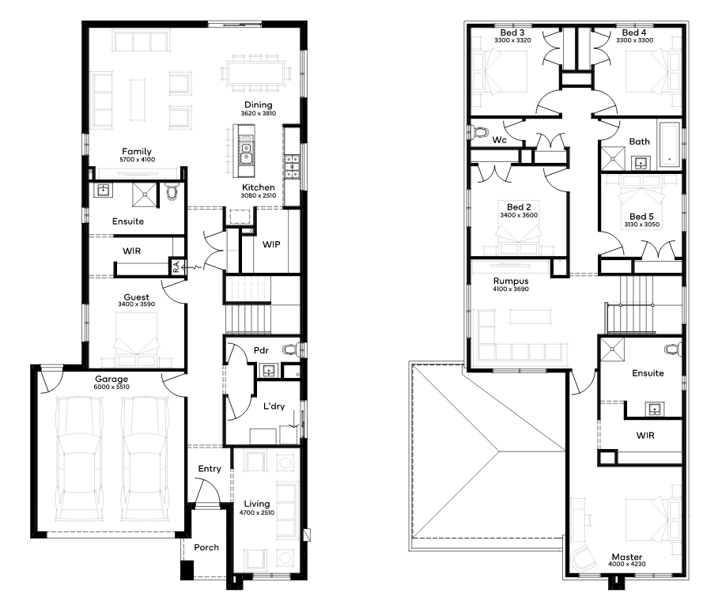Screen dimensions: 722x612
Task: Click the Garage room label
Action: pyautogui.click(x=112, y=379)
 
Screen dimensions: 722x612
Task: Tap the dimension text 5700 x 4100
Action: pyautogui.click(x=138, y=160)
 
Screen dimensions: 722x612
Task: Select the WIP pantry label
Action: pyautogui.click(x=271, y=244)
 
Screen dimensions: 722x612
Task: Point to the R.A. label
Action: pyautogui.click(x=176, y=266)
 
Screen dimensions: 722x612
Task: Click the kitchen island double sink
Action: pyautogui.click(x=247, y=153)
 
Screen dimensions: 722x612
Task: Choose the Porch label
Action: pyautogui.click(x=206, y=547)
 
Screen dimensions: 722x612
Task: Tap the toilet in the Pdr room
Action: pyautogui.click(x=291, y=349)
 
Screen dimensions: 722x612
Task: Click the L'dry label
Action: pyautogui.click(x=274, y=406)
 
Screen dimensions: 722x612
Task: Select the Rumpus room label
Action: pyautogui.click(x=511, y=281)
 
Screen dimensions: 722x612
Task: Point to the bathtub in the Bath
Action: pyautogui.click(x=670, y=144)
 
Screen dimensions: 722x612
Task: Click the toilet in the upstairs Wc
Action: pyautogui.click(x=479, y=133)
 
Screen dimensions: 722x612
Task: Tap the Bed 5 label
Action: pyautogui.click(x=641, y=217)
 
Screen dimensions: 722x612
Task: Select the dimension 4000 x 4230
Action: pyautogui.click(x=626, y=564)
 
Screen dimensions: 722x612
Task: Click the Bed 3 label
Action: pyautogui.click(x=512, y=32)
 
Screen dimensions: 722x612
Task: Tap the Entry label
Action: pyautogui.click(x=210, y=469)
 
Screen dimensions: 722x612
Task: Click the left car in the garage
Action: pyautogui.click(x=79, y=459)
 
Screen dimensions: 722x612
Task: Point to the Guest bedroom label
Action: pyautogui.click(x=136, y=297)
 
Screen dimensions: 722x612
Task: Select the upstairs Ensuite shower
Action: pyautogui.click(x=612, y=349)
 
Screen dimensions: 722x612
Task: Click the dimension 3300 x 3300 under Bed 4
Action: pyautogui.click(x=634, y=40)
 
